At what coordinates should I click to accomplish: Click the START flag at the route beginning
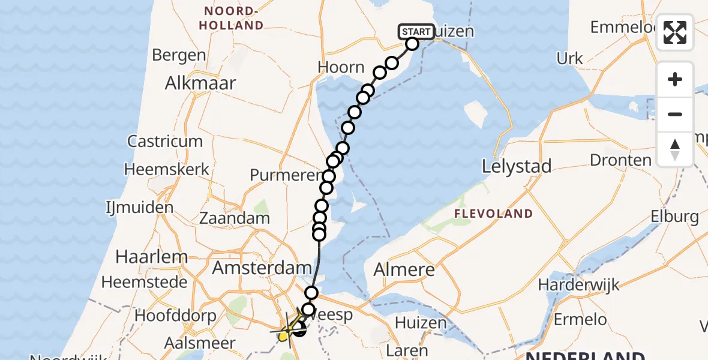(x=415, y=31)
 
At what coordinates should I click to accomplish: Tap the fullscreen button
(x=675, y=32)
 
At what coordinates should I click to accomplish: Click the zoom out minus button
(x=675, y=114)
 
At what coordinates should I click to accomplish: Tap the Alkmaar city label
(x=200, y=83)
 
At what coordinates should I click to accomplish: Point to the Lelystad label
(x=517, y=166)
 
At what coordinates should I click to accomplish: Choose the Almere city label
(x=404, y=270)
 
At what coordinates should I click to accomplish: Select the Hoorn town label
(x=341, y=67)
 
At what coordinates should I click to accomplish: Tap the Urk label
(x=570, y=58)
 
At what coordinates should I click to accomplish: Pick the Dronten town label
(x=620, y=160)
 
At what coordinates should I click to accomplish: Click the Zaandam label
(x=235, y=218)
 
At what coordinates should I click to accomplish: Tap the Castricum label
(x=165, y=142)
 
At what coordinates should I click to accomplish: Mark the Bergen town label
(x=179, y=55)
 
